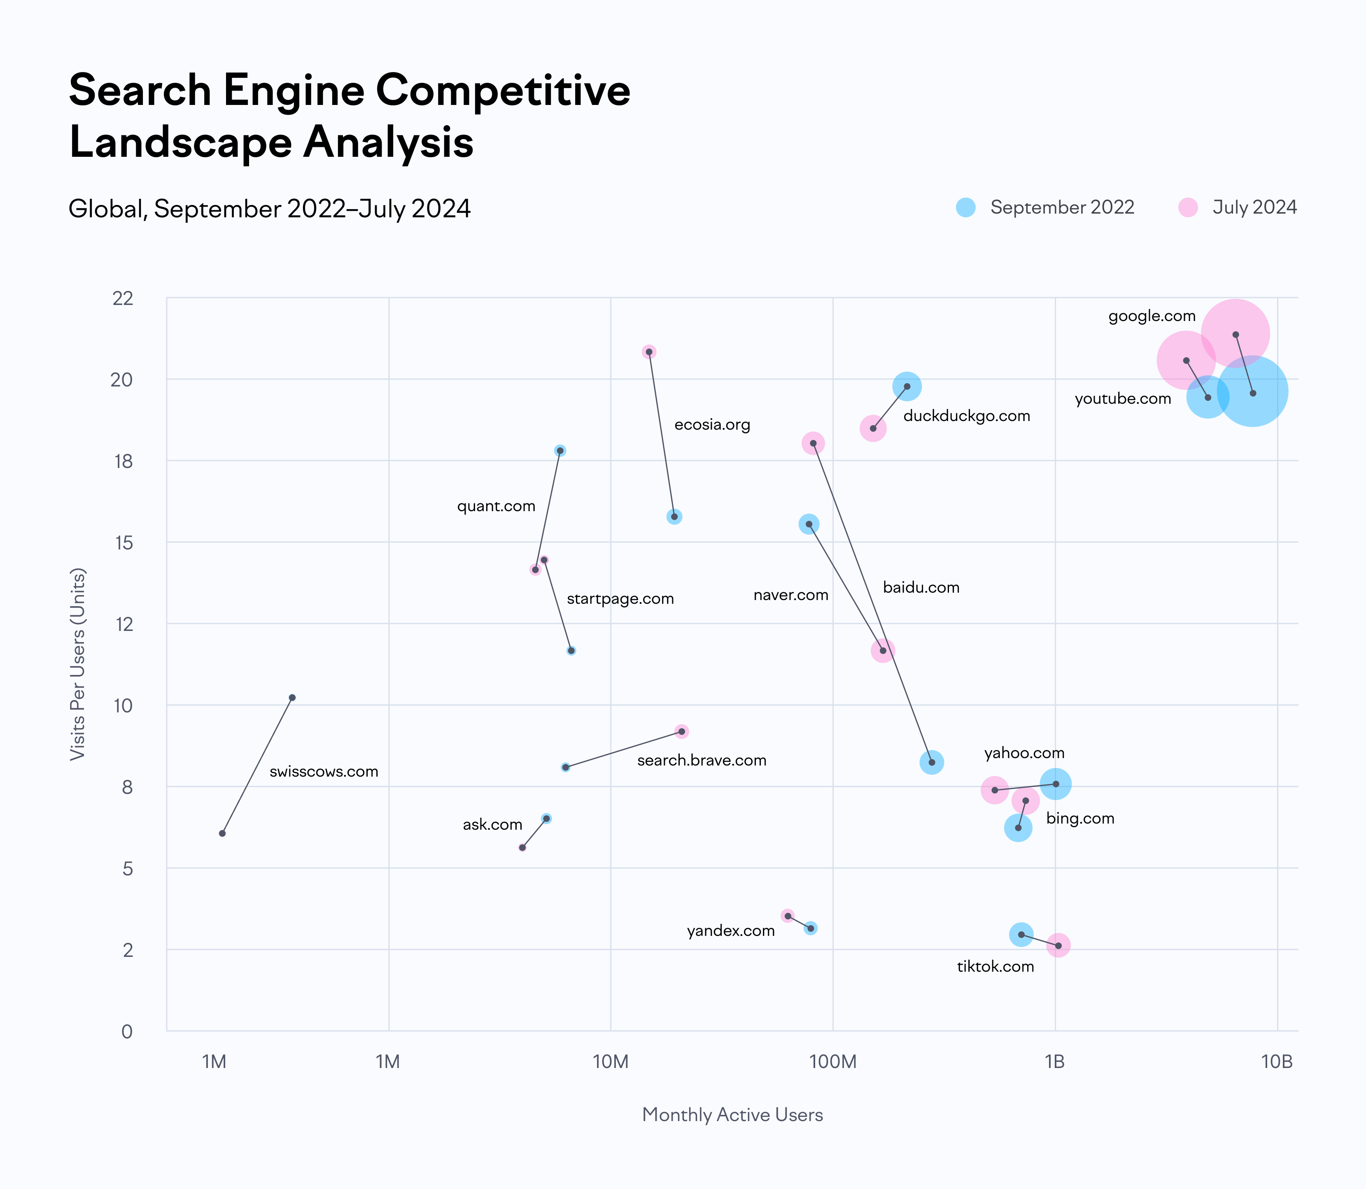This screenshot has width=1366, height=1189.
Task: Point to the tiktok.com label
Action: [995, 967]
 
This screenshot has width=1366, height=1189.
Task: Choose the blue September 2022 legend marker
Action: [966, 208]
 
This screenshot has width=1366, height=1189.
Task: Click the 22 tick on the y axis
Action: [124, 298]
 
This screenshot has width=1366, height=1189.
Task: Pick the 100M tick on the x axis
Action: [832, 1062]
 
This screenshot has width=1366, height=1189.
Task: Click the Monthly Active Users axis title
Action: [732, 1115]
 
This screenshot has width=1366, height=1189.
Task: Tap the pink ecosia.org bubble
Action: [649, 351]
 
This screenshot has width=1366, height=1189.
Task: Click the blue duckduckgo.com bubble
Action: [907, 386]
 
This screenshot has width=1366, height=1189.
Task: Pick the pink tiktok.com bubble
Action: [1058, 945]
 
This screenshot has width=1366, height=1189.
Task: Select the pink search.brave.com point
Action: [682, 731]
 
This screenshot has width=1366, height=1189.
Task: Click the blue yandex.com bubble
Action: [811, 928]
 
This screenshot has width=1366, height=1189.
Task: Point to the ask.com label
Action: [492, 825]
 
